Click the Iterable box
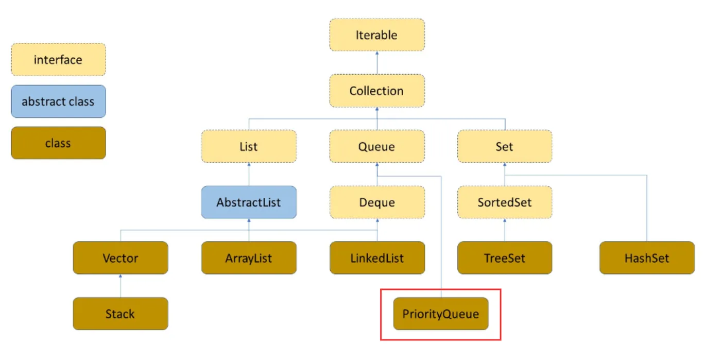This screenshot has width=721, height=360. [x=377, y=35]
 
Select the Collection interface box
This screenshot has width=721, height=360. [x=377, y=91]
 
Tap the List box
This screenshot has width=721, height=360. [x=249, y=146]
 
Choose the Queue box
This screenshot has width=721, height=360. [x=377, y=146]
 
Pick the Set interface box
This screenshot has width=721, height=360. [x=505, y=146]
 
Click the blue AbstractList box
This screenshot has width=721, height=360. [x=249, y=202]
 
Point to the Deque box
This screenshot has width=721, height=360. [x=377, y=202]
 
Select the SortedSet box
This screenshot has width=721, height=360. [x=505, y=202]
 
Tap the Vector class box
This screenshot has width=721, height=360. [x=121, y=258]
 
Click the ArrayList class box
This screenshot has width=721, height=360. [x=249, y=258]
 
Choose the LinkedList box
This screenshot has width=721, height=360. [x=377, y=258]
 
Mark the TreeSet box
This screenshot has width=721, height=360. [x=505, y=258]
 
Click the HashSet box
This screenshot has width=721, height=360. [x=647, y=258]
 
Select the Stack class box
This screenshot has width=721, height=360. [x=121, y=314]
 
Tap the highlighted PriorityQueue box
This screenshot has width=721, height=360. [x=441, y=314]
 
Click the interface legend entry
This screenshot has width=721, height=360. [x=58, y=60]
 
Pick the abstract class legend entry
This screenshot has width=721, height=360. [x=58, y=101]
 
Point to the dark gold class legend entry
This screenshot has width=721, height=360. [x=58, y=143]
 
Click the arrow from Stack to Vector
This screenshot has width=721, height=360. [x=121, y=286]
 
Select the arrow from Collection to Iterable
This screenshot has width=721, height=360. [x=377, y=63]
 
